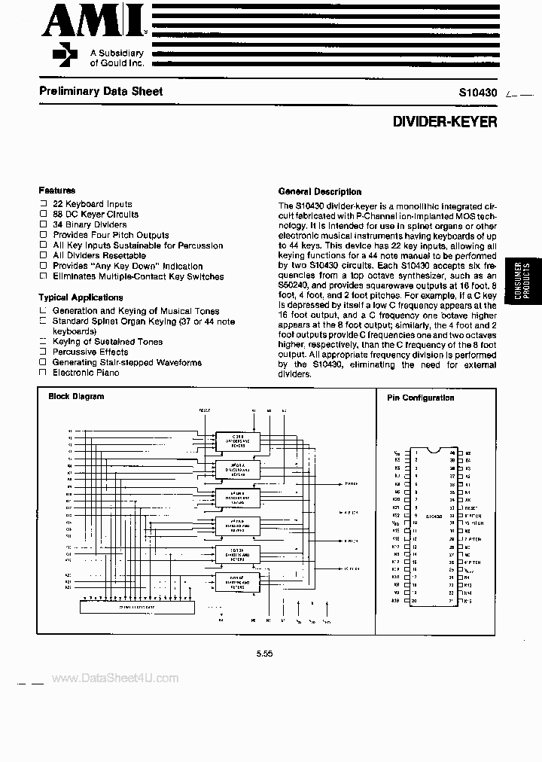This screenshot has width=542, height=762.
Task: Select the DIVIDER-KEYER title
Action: click(445, 120)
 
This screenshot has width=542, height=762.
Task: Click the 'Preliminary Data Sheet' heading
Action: click(100, 91)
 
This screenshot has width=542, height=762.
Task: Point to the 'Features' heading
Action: click(57, 191)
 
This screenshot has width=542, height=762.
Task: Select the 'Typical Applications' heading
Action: click(81, 297)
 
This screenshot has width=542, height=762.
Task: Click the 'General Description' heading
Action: click(320, 191)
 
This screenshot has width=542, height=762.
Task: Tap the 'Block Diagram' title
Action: click(76, 396)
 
